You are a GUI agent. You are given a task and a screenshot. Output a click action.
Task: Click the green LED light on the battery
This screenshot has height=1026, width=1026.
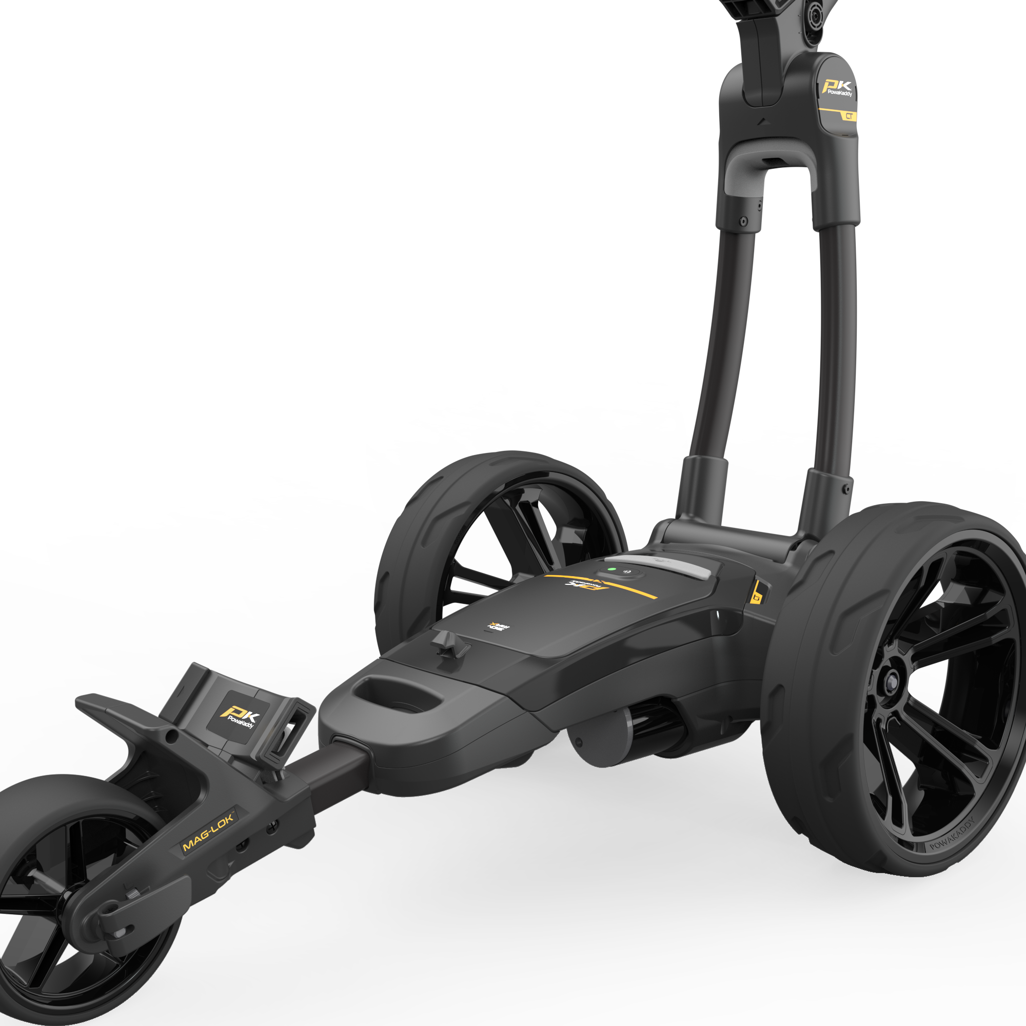click(x=612, y=569)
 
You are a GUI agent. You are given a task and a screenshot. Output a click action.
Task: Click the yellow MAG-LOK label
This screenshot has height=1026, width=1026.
click(x=208, y=831)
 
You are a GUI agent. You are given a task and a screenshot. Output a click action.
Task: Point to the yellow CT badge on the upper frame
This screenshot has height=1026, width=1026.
click(x=849, y=116)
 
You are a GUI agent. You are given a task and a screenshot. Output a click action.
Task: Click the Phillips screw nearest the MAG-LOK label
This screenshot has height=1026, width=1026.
click(x=272, y=825)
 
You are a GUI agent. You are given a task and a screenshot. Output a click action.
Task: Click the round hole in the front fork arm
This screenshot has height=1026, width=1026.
click(x=171, y=736)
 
